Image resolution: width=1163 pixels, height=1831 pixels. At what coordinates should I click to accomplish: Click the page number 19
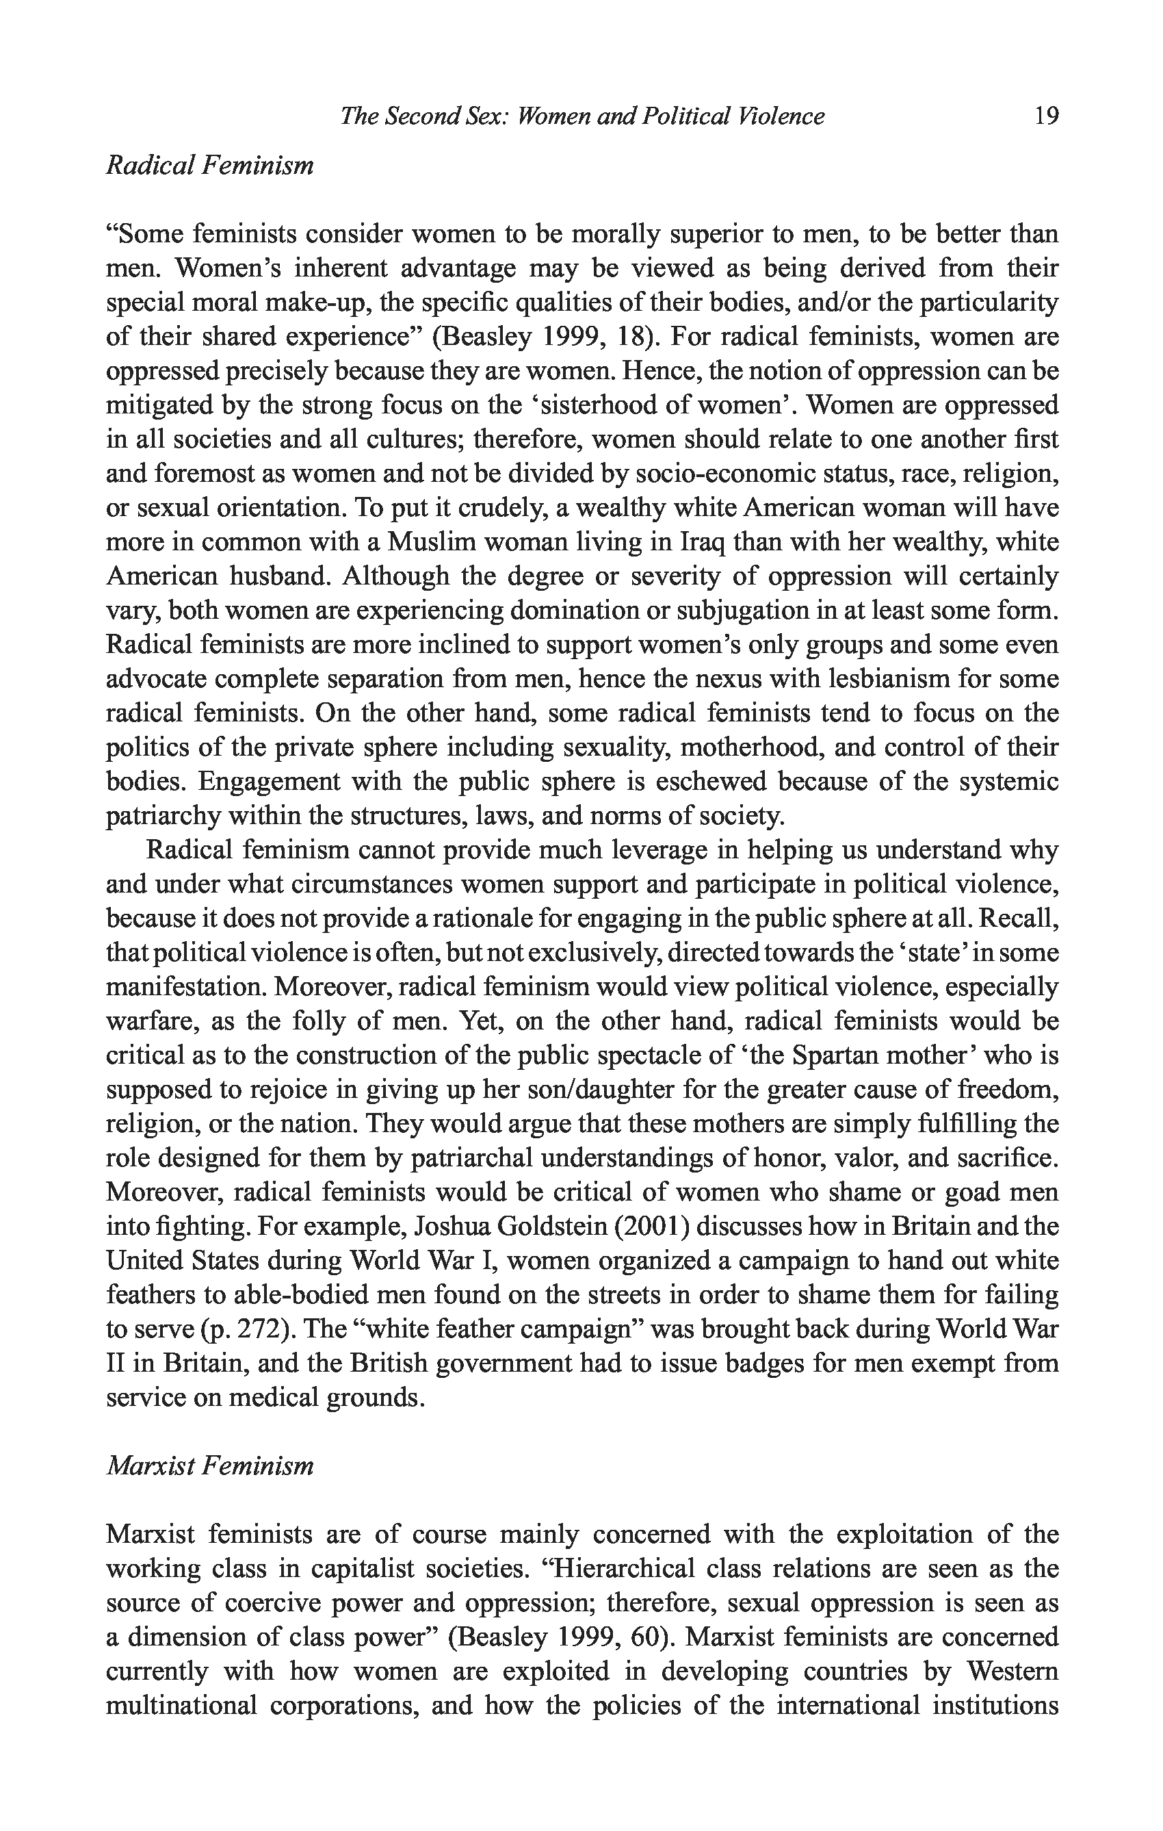click(1046, 116)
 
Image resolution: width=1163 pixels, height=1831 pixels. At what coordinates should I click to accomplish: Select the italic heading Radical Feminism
click(209, 165)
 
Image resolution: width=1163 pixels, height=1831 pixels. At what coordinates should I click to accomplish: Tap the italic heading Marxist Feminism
click(209, 1465)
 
